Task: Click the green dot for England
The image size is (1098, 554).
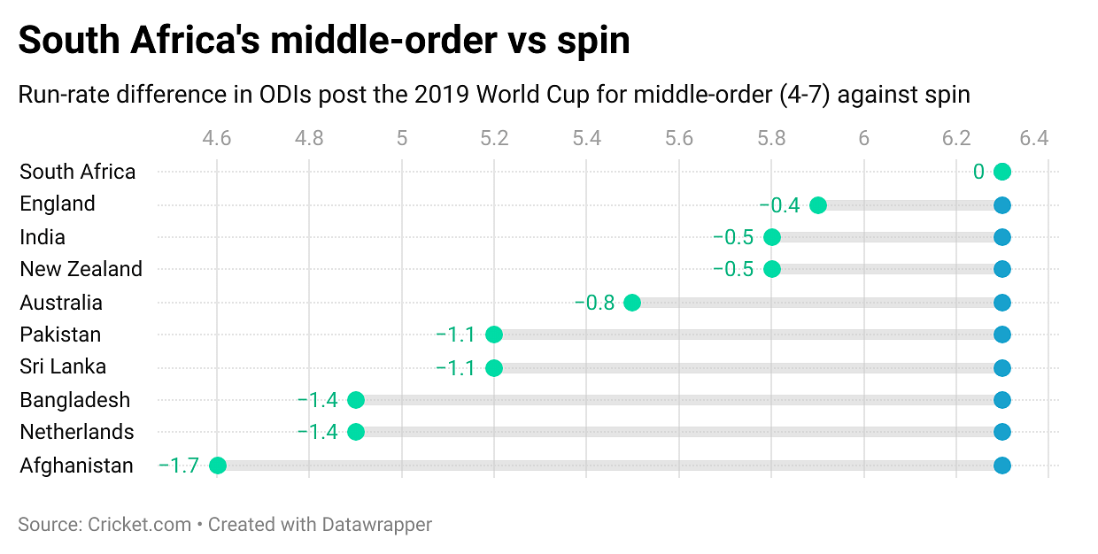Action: tap(818, 205)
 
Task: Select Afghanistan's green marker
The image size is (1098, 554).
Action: tap(218, 466)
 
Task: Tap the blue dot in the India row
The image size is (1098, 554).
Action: tap(1002, 237)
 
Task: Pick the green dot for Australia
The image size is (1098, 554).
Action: tap(632, 303)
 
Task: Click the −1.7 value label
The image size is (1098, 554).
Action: tap(178, 466)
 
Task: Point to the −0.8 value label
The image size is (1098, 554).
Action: tap(594, 303)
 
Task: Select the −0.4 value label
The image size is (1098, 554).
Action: tap(779, 205)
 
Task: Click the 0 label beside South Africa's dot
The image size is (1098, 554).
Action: tap(978, 172)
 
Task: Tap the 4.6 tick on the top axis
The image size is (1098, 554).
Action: tap(217, 138)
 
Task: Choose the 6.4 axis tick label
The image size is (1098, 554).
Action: tap(1033, 138)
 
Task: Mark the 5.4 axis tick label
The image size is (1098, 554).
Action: tap(586, 138)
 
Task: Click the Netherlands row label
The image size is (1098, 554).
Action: tap(77, 432)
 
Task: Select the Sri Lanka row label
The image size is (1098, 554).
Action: tap(63, 366)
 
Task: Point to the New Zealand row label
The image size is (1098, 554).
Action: tap(81, 269)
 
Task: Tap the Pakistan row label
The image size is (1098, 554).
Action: tap(60, 335)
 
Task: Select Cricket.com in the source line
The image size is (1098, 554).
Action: tap(140, 524)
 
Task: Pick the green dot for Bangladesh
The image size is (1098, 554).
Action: tap(356, 400)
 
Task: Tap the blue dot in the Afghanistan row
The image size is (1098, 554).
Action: tap(1002, 466)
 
